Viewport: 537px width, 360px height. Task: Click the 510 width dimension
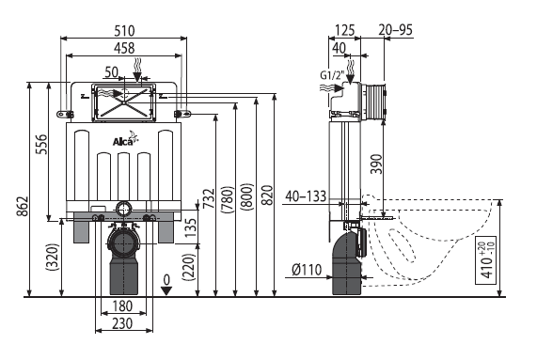tap(124, 31)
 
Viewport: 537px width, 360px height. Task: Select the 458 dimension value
tap(124, 48)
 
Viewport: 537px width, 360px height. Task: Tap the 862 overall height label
tap(24, 206)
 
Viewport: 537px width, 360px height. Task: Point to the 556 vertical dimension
tap(42, 144)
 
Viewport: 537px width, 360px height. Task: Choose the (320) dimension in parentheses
tap(53, 257)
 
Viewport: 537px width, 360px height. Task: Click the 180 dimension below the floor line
tap(122, 305)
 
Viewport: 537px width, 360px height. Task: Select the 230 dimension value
tap(122, 323)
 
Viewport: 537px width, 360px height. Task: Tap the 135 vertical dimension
tap(190, 227)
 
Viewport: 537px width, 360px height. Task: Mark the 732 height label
tap(209, 198)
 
